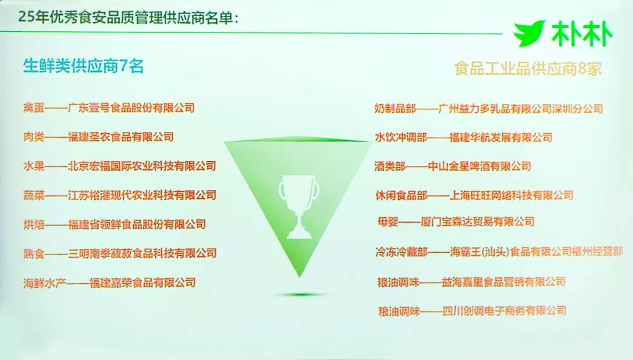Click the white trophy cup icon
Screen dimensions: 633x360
[299, 206]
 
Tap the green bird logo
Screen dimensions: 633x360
[529, 33]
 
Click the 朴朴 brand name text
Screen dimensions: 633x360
[582, 33]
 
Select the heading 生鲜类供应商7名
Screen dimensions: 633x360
[84, 66]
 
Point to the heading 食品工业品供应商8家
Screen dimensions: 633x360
[528, 69]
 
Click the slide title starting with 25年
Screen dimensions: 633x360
[128, 18]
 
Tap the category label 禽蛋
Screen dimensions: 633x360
[33, 108]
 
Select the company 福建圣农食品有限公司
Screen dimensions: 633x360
[121, 137]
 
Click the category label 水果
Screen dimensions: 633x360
[33, 166]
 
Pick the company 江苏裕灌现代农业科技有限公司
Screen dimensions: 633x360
[142, 195]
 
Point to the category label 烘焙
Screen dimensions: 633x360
[33, 224]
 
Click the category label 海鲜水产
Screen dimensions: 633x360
[45, 283]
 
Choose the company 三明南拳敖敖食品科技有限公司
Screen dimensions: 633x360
[142, 253]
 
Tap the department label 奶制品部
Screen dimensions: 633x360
[395, 108]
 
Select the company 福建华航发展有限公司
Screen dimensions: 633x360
[501, 137]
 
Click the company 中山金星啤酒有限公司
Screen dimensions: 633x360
[479, 166]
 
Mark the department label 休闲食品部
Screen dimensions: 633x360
[400, 196]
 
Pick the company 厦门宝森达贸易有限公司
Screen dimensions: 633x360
[477, 222]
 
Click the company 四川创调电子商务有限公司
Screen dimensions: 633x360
[504, 311]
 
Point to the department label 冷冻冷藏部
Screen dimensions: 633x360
[401, 252]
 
